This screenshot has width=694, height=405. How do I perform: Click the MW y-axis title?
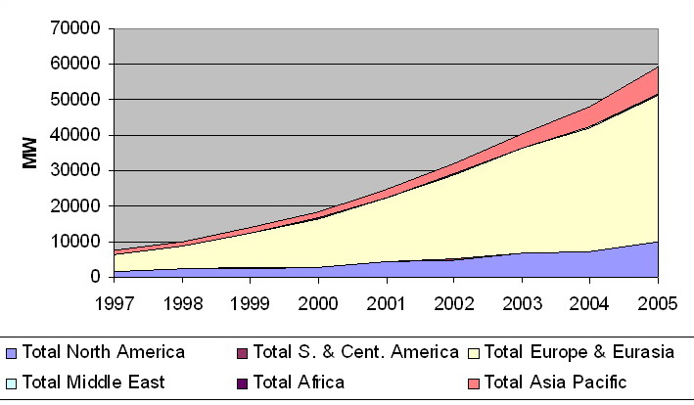coord(30,154)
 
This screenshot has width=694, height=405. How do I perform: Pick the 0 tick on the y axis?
coord(96,277)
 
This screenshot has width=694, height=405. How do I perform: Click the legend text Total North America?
coord(104,351)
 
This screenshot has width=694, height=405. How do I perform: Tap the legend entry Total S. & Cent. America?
coord(355,351)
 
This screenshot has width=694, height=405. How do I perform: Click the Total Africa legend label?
coord(299,382)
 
